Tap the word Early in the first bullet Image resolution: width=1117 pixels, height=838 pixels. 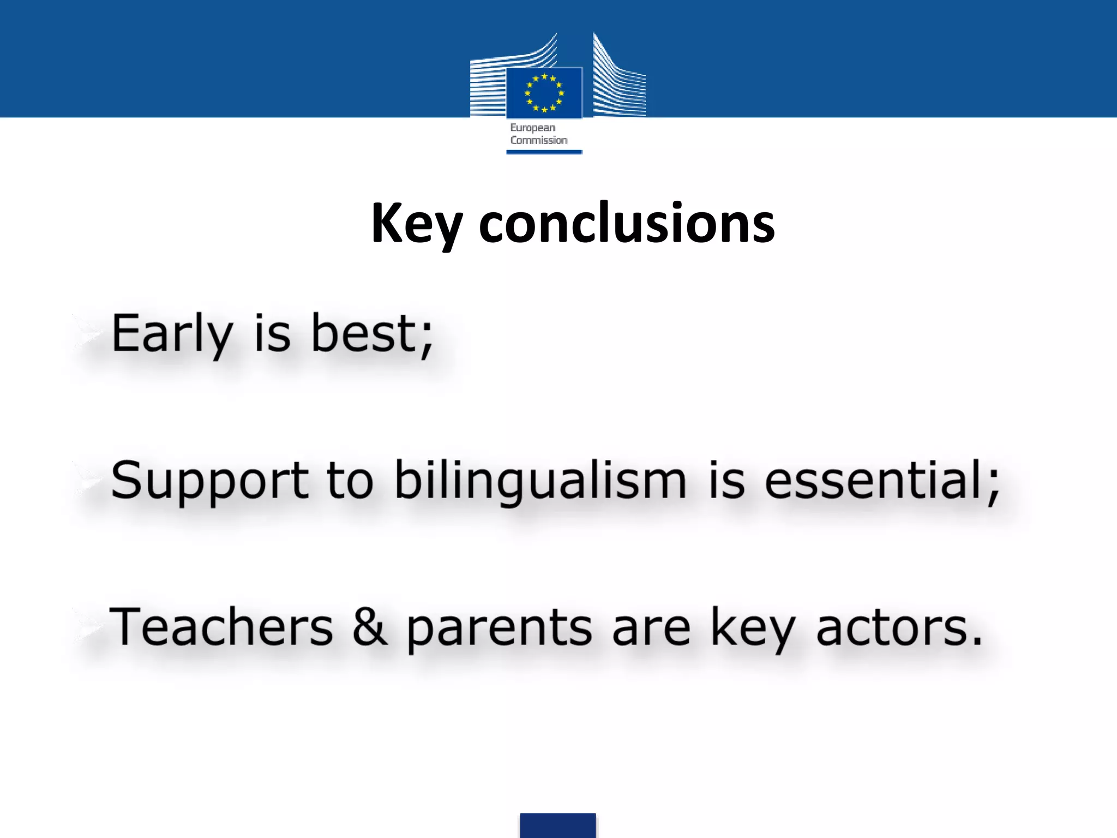[x=172, y=334]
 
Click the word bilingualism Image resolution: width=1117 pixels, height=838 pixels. [x=540, y=481]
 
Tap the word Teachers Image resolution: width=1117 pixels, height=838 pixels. [x=221, y=627]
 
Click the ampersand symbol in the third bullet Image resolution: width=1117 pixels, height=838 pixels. [x=370, y=627]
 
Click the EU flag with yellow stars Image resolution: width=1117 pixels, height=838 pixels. [x=544, y=93]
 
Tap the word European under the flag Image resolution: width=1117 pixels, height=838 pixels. [x=532, y=128]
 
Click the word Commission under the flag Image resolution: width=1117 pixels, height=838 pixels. [x=539, y=140]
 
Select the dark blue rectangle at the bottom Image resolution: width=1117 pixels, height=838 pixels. [x=557, y=825]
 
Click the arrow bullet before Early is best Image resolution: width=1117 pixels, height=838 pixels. [x=87, y=333]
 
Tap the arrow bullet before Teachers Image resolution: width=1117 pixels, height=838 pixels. [x=87, y=627]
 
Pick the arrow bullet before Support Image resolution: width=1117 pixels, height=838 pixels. [x=87, y=480]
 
